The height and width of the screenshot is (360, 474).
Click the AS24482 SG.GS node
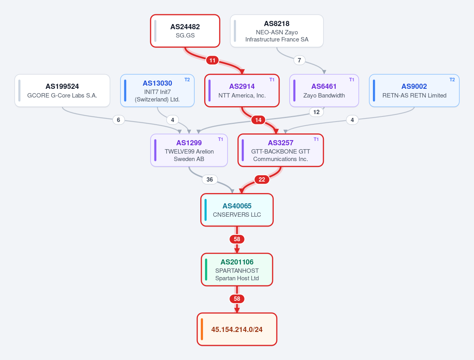pyautogui.click(x=185, y=31)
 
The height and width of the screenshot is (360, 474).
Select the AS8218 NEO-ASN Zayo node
pyautogui.click(x=276, y=31)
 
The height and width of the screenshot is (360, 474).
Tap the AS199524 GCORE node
pyautogui.click(x=62, y=91)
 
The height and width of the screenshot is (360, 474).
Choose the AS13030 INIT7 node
pyautogui.click(x=157, y=91)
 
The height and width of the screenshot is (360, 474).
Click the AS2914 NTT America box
pyautogui.click(x=242, y=91)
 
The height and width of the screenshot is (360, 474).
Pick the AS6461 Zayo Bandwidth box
pyautogui.click(x=324, y=91)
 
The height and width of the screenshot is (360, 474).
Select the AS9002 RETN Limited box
pyautogui.click(x=414, y=91)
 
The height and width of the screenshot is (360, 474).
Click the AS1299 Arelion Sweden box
pyautogui.click(x=189, y=150)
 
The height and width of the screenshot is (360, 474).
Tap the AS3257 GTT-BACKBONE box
pyautogui.click(x=280, y=150)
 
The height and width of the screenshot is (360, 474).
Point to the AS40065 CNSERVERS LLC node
pyautogui.click(x=237, y=210)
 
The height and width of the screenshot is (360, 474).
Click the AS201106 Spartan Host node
pyautogui.click(x=237, y=270)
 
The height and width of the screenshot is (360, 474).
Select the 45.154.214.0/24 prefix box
pyautogui.click(x=237, y=329)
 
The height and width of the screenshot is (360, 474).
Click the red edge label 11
pyautogui.click(x=212, y=60)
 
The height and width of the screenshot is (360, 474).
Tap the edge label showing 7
pyautogui.click(x=299, y=60)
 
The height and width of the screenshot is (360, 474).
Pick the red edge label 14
pyautogui.click(x=258, y=120)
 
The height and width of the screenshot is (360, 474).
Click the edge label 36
pyautogui.click(x=209, y=180)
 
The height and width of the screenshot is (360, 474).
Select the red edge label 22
pyautogui.click(x=262, y=180)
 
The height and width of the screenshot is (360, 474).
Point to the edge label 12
pyautogui.click(x=316, y=112)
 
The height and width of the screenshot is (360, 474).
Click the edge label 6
pyautogui.click(x=118, y=120)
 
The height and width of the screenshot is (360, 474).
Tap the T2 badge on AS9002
pyautogui.click(x=452, y=80)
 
